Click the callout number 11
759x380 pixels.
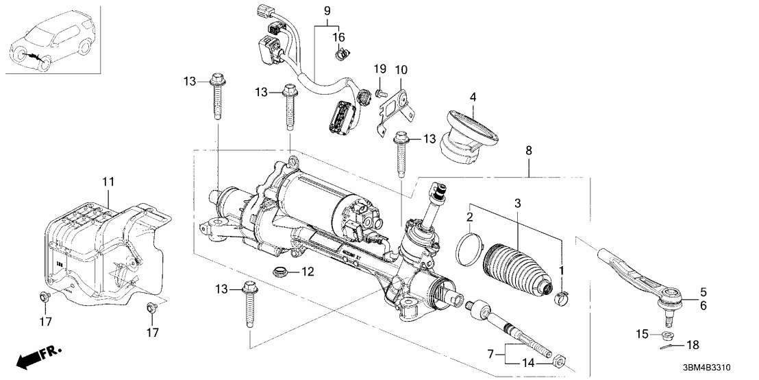(x=108, y=182)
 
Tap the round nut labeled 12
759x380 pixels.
(x=280, y=270)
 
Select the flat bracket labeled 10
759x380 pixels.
(x=393, y=112)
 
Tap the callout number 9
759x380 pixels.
(x=326, y=10)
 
